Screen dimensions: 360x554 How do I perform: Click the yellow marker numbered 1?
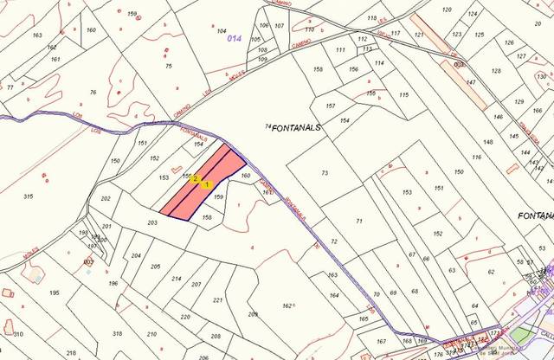[206, 184]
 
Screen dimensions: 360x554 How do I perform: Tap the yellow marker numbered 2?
[196, 178]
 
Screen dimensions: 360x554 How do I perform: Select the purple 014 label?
[234, 39]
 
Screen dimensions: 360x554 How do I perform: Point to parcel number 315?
[29, 197]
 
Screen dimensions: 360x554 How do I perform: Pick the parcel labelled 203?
[152, 223]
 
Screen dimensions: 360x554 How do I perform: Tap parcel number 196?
[112, 284]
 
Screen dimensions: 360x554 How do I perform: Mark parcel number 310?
[17, 333]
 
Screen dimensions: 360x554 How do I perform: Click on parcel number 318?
[118, 333]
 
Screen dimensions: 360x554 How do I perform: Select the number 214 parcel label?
[177, 279]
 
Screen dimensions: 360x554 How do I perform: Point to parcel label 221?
[217, 300]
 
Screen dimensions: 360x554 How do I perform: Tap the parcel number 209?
[253, 314]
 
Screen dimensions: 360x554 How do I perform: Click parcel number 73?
[325, 173]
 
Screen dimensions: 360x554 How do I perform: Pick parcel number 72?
[333, 241]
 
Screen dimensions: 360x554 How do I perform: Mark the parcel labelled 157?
[330, 106]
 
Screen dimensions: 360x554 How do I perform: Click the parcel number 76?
[93, 92]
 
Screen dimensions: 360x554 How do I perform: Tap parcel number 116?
[476, 157]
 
